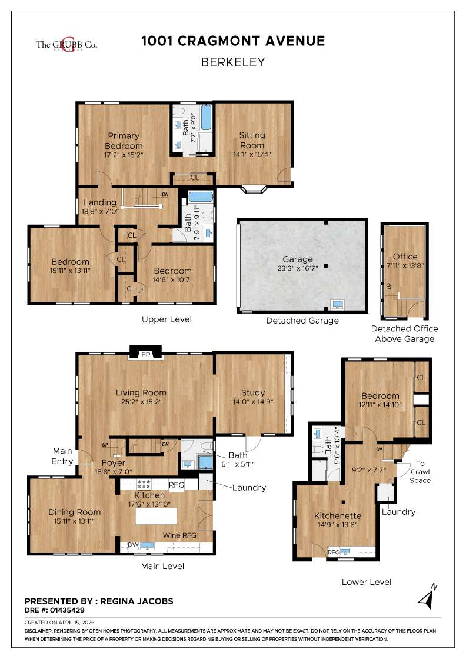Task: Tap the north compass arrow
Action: pyautogui.click(x=427, y=595)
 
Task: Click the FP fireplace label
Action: pyautogui.click(x=145, y=355)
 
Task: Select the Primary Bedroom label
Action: pyautogui.click(x=124, y=141)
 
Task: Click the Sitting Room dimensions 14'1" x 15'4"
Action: pyautogui.click(x=252, y=155)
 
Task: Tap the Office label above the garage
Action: pyautogui.click(x=405, y=256)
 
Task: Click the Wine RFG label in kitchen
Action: pyautogui.click(x=180, y=535)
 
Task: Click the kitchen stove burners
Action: pyautogui.click(x=144, y=485)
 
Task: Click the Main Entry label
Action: pyautogui.click(x=62, y=457)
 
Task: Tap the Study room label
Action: pyautogui.click(x=253, y=392)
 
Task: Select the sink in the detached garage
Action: pyautogui.click(x=338, y=305)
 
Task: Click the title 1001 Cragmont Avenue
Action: pyautogui.click(x=233, y=41)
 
